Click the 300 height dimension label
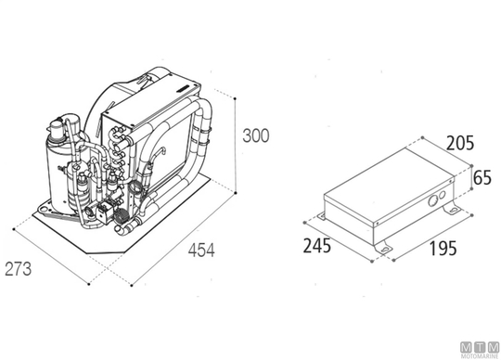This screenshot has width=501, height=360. coord(256,135)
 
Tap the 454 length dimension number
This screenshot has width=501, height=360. coord(201,251)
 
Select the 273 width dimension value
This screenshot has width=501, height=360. coord(19,269)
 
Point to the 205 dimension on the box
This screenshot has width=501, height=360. coord(460,143)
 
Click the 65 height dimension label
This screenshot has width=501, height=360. coord(482,177)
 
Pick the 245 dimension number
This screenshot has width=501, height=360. coord(317,246)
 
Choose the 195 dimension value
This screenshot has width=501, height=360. coord(443,249)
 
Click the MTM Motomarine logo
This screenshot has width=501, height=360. coord(480,350)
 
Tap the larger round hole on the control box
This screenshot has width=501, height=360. coord(432,201)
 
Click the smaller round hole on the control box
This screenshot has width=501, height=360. coord(443,195)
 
